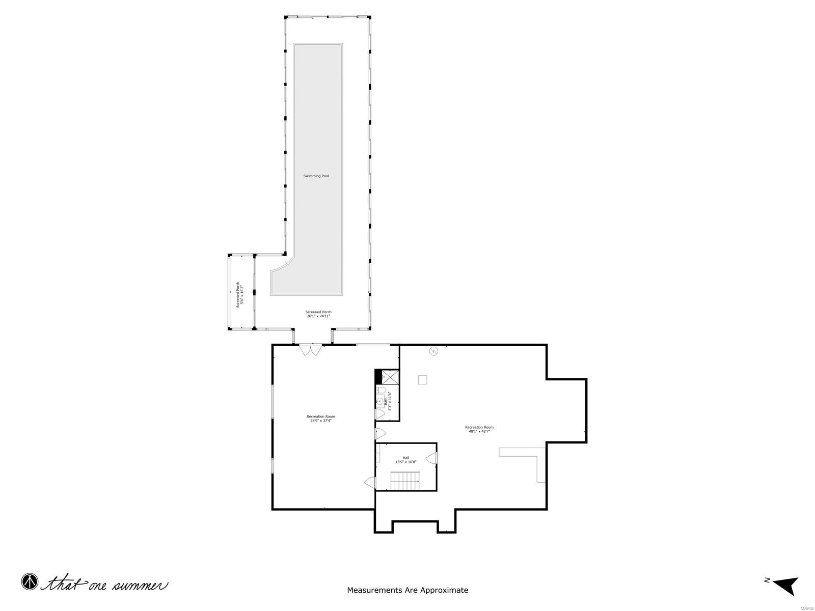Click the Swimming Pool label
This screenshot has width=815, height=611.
316,176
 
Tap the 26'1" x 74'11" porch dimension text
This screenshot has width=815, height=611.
318,316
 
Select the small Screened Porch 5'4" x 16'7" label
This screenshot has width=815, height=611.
240,294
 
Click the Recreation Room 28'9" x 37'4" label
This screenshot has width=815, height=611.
320,419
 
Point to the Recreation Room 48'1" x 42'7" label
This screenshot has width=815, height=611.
479,429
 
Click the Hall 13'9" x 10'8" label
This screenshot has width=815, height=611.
406,460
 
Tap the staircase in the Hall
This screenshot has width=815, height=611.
405,481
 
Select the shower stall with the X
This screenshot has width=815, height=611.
391,377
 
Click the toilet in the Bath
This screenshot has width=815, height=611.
381,391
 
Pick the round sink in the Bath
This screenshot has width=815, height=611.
379,401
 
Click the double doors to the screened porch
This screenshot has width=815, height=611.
310,350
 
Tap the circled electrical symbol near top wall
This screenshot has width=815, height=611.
433,351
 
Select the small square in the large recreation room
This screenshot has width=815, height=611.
422,379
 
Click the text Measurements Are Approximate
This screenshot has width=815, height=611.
407,590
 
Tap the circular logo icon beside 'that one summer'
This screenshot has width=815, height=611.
30,582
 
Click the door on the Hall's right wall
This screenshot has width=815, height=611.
432,457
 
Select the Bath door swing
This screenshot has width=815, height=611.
379,413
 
